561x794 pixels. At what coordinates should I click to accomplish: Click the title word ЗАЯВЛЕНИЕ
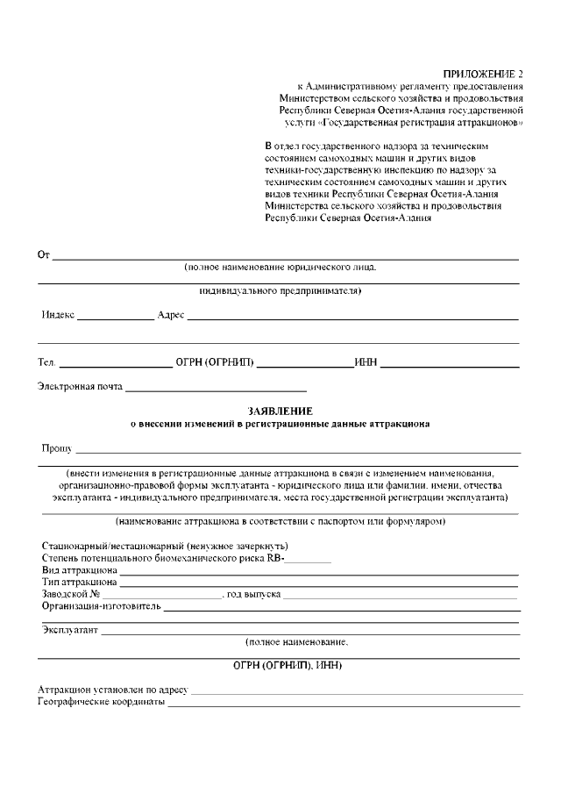(280, 411)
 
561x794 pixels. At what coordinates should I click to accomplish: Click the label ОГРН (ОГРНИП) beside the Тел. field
(215, 362)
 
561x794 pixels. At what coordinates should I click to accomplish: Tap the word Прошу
(56, 448)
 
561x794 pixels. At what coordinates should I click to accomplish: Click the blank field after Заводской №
(161, 595)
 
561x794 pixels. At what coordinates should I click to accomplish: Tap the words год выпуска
(253, 594)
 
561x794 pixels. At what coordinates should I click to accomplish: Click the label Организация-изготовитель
(102, 606)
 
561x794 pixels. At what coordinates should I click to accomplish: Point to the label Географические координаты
(102, 702)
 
